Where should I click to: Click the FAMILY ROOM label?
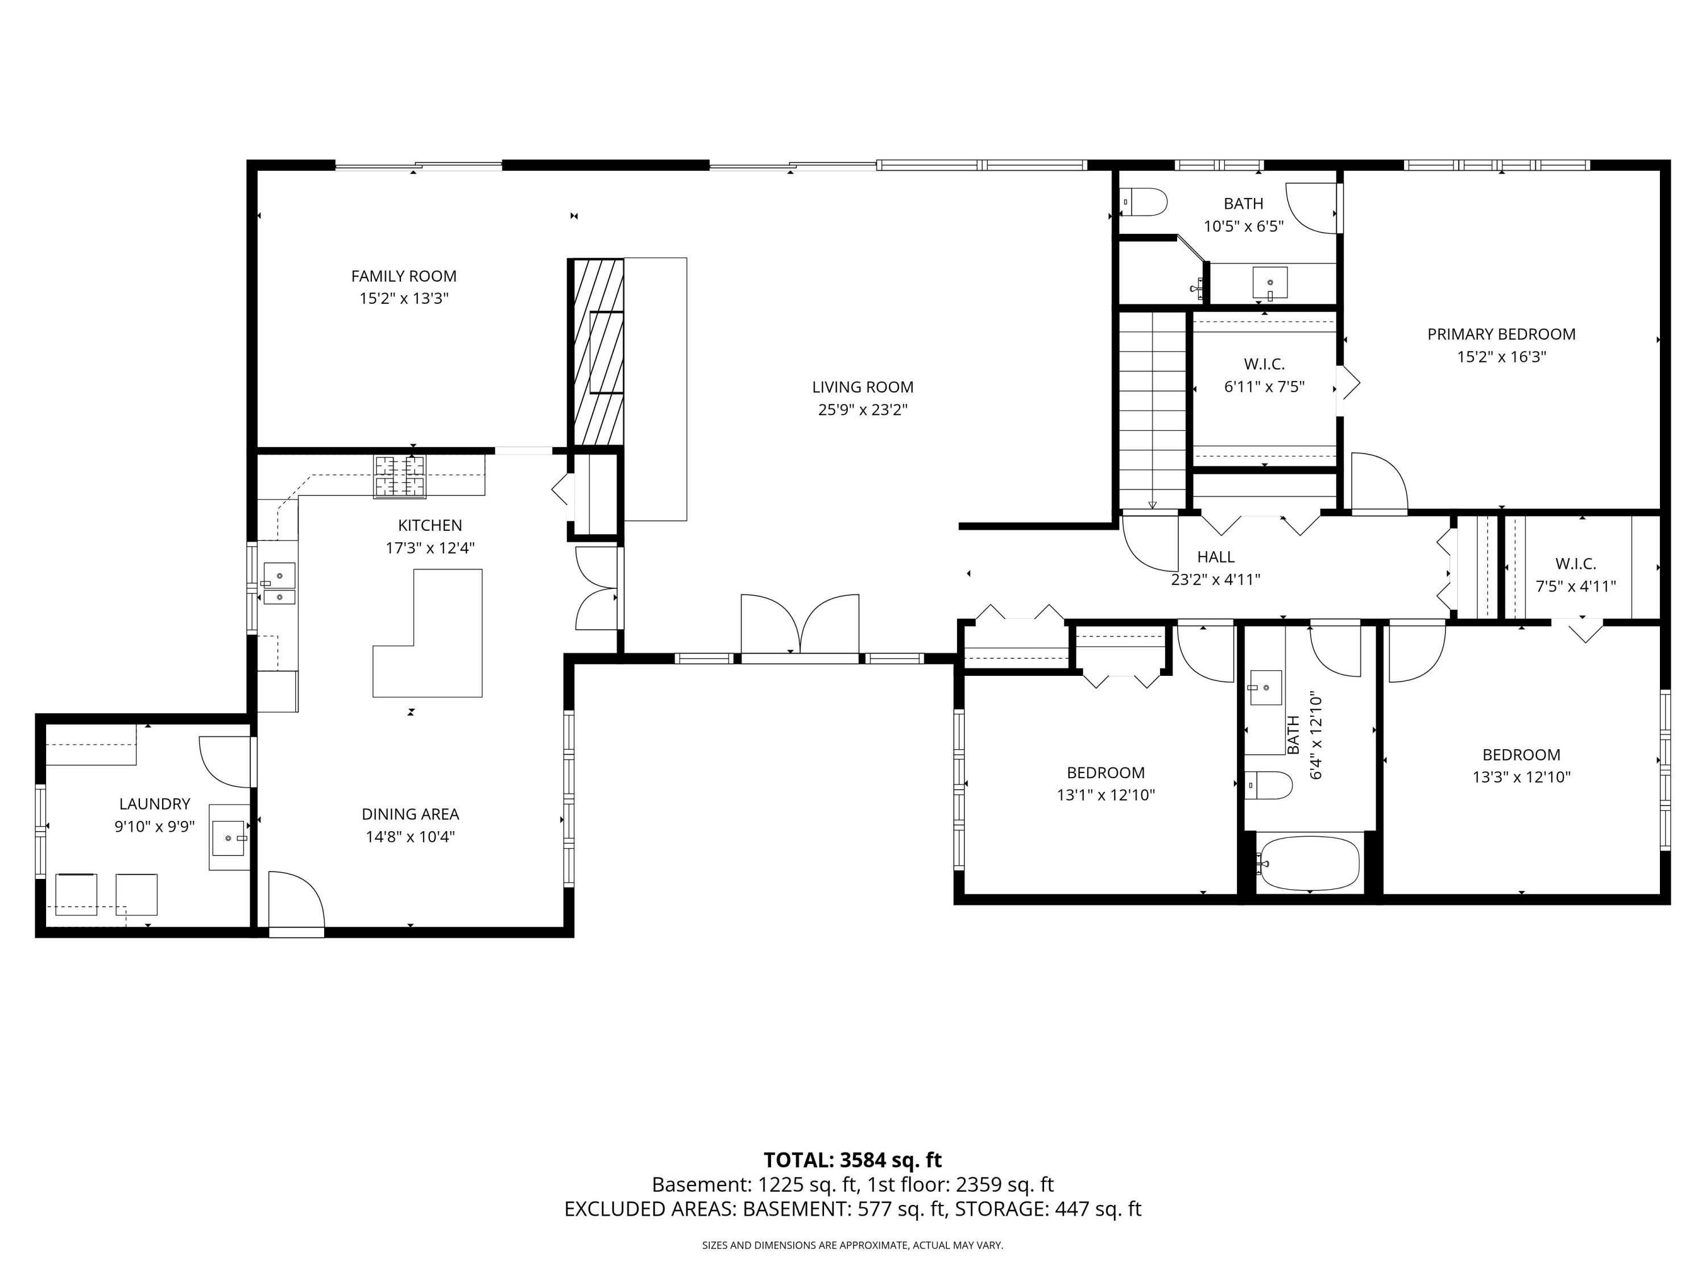point(403,276)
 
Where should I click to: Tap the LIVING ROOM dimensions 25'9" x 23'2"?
point(862,410)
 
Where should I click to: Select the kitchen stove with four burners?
point(400,476)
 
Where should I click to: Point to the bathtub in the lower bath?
point(1309,862)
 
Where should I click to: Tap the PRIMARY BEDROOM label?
point(1501,334)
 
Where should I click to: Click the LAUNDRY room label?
point(154,804)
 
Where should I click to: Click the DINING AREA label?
point(411,814)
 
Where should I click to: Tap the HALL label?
point(1215,557)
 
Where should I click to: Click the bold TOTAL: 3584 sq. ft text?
point(852,1161)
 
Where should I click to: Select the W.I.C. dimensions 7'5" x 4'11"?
point(1576,587)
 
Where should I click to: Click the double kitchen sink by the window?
point(279,583)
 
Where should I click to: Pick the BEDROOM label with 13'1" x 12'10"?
point(1105,773)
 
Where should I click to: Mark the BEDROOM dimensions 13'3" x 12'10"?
point(1521,777)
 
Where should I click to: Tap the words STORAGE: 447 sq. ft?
point(1048,1209)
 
